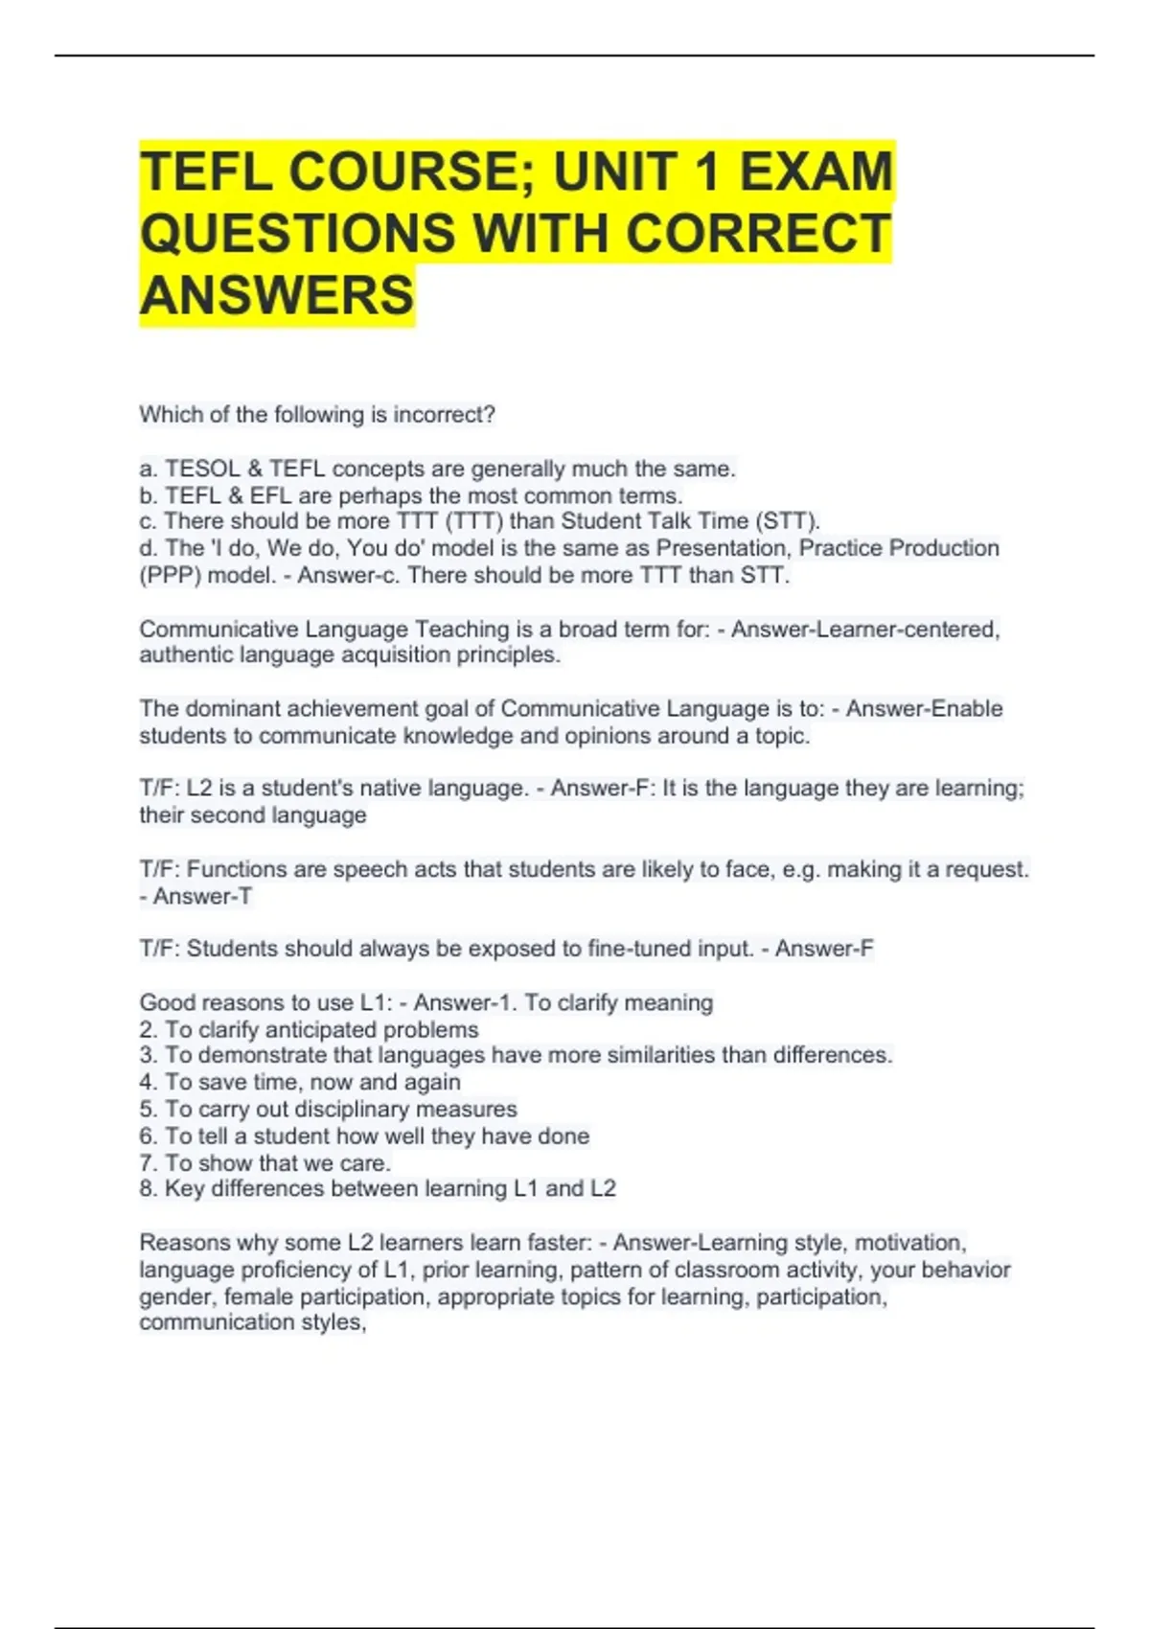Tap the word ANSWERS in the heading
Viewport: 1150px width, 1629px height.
[x=277, y=294]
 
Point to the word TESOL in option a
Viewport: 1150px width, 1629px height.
[x=202, y=469]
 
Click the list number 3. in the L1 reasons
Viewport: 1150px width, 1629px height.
[x=149, y=1055]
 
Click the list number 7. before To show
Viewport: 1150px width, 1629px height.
[x=149, y=1163]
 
